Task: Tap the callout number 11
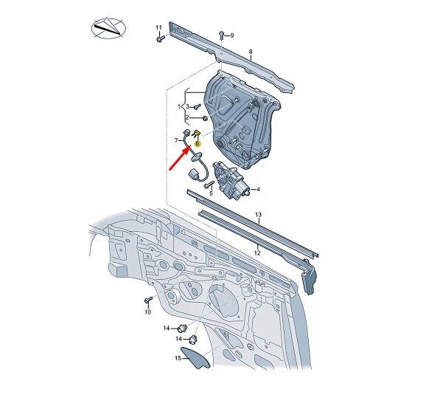pyautogui.click(x=158, y=27)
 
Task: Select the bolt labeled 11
pyautogui.click(x=161, y=38)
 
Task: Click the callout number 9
pyautogui.click(x=232, y=35)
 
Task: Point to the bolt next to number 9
pyautogui.click(x=221, y=35)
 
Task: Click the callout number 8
pyautogui.click(x=251, y=52)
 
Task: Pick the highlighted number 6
pyautogui.click(x=198, y=143)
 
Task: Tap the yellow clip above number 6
pyautogui.click(x=197, y=134)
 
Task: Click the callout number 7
pyautogui.click(x=176, y=140)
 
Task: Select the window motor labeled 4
pyautogui.click(x=231, y=180)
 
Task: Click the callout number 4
pyautogui.click(x=258, y=189)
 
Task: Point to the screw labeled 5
pyautogui.click(x=209, y=185)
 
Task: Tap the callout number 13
pyautogui.click(x=258, y=214)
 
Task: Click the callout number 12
pyautogui.click(x=257, y=253)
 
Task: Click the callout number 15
pyautogui.click(x=178, y=358)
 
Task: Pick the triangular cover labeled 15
pyautogui.click(x=196, y=357)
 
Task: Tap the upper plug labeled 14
pyautogui.click(x=182, y=327)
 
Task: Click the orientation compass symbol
pyautogui.click(x=108, y=28)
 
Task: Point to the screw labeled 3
pyautogui.click(x=198, y=106)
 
